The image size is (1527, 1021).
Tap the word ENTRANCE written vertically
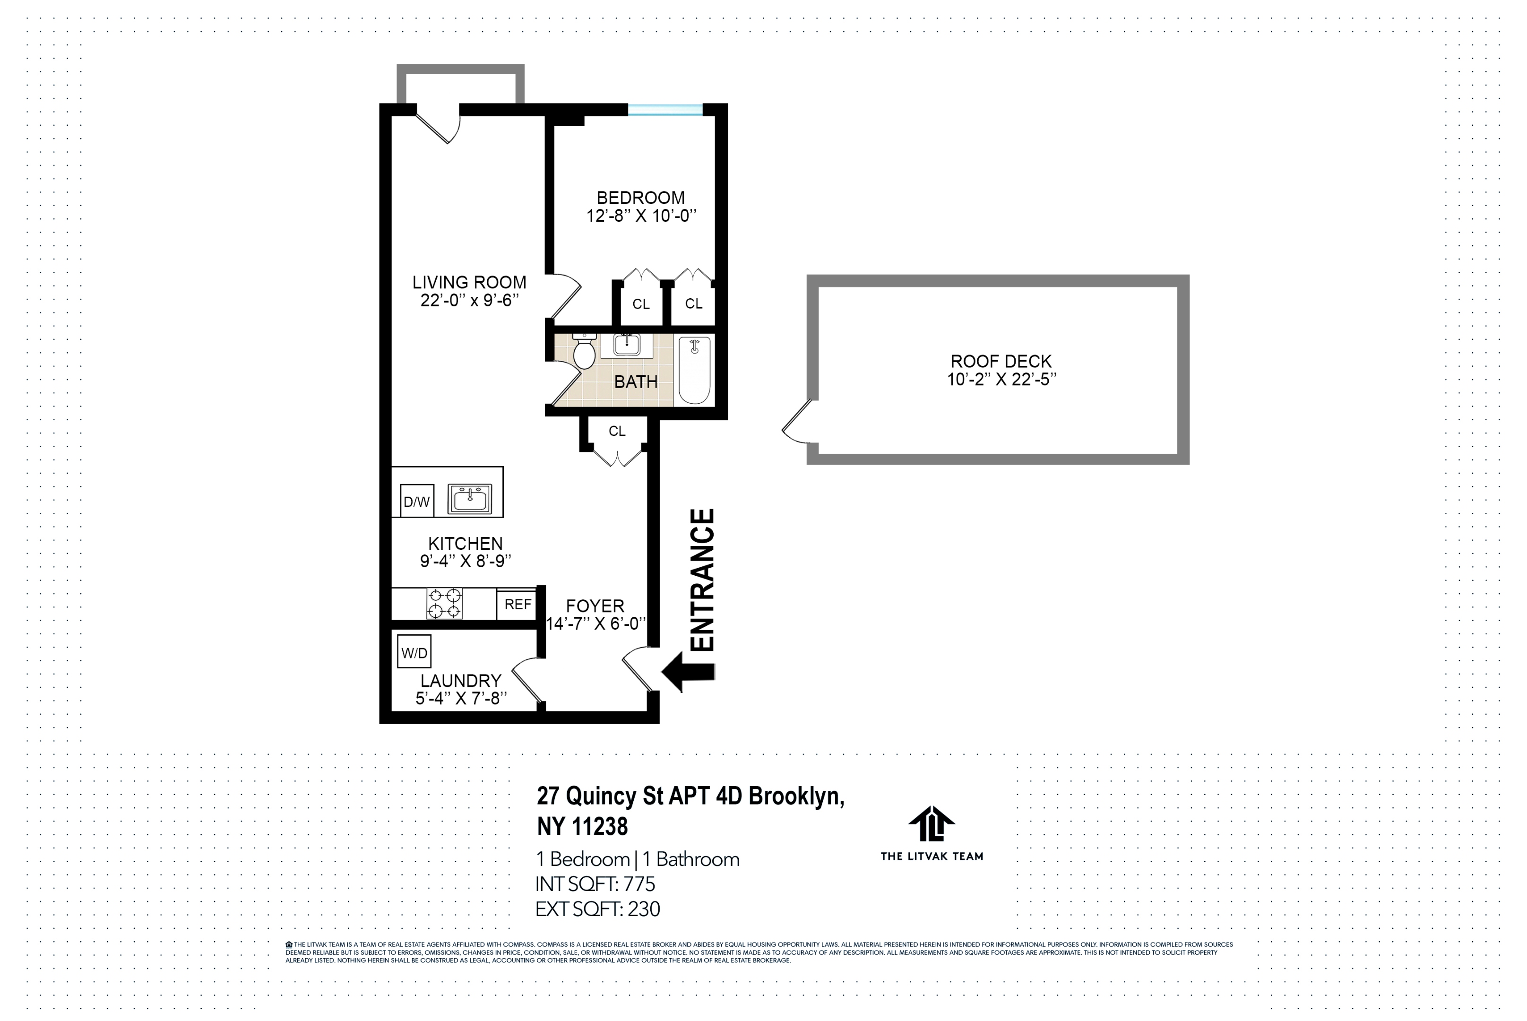702,580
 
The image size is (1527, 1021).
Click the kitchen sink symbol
469,500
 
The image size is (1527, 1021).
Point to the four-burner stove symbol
445,604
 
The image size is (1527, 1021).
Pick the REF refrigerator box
518,604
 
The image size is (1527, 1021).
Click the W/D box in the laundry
414,652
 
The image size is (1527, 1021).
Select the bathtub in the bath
694,370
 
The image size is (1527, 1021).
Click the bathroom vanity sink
626,345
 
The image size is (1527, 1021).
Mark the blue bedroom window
665,109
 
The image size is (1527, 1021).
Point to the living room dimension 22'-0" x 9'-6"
469,300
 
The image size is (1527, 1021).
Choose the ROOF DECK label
1001,362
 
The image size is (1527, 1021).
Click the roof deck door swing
797,423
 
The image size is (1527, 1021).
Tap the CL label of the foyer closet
616,431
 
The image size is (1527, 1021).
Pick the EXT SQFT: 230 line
597,909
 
